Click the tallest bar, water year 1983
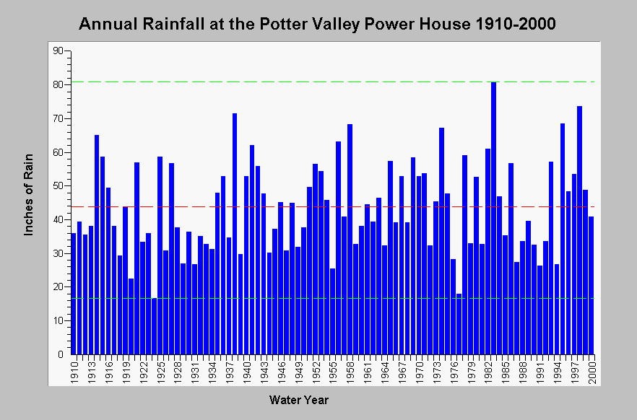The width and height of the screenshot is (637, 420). [x=493, y=218]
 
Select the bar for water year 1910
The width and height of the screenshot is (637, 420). [x=74, y=294]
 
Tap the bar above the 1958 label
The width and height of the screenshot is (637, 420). [x=350, y=239]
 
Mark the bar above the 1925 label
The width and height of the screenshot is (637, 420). [x=160, y=255]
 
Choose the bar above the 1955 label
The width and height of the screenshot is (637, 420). [x=333, y=311]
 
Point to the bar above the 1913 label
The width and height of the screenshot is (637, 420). [x=91, y=290]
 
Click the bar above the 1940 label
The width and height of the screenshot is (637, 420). [x=246, y=265]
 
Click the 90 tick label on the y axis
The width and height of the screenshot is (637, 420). [x=58, y=51]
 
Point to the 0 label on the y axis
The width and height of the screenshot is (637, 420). [x=61, y=354]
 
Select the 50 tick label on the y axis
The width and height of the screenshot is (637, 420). [x=58, y=186]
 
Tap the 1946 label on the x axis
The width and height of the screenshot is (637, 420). [x=281, y=370]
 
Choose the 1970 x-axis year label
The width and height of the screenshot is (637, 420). [x=419, y=370]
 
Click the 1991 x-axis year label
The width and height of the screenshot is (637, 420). [x=540, y=370]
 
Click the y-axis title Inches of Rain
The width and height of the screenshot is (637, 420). [x=28, y=195]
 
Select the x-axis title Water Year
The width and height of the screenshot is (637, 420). [x=298, y=400]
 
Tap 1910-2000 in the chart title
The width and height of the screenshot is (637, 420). [x=515, y=24]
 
